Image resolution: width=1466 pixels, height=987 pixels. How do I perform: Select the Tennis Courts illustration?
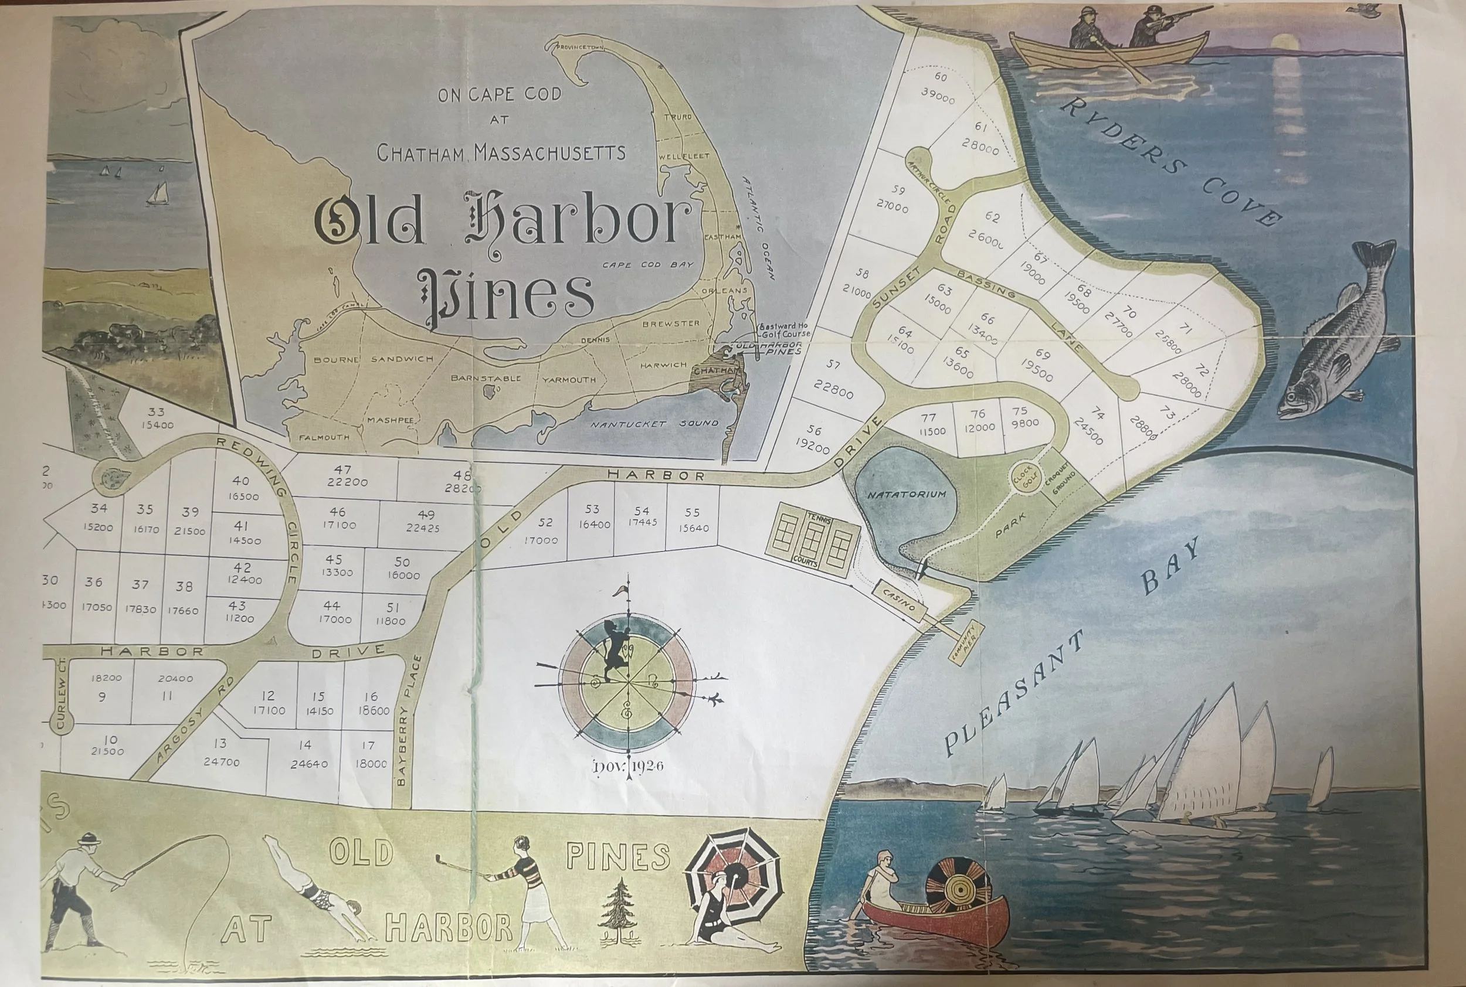point(810,545)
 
